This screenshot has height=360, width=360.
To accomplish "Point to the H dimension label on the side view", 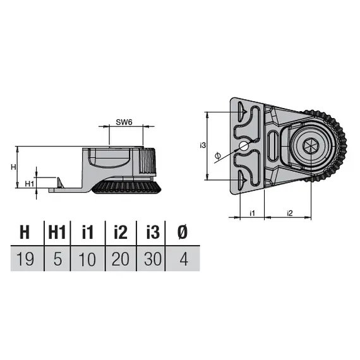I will coord(14,167).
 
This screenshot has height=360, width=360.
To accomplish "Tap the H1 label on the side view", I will coord(28,183).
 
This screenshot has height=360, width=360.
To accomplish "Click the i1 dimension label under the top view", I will coord(251,212).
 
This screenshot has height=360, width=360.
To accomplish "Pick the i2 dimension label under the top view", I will coord(289,212).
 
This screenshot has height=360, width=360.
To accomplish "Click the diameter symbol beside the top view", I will coord(217,155).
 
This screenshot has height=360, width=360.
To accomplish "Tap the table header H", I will coord(25,232).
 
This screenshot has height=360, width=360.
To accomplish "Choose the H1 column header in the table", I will coord(57,232).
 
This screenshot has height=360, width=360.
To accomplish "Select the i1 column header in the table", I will coord(88,232).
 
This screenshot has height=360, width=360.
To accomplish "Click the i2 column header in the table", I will coord(121,232).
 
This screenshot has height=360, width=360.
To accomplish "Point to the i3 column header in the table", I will coord(152,232).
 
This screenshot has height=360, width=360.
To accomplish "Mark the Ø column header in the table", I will coord(183,232).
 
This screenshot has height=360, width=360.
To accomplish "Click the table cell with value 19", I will coord(25,259).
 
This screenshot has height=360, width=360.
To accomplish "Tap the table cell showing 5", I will coord(57,259).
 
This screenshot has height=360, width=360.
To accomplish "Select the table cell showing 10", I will coord(88,259).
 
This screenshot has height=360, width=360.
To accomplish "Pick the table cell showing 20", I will coord(121,259).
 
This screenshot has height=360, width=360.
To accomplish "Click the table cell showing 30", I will coord(152,259).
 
